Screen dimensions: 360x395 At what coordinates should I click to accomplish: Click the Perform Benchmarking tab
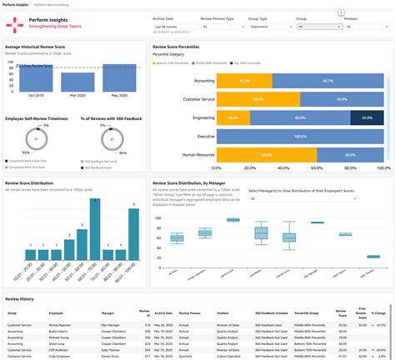(52, 4)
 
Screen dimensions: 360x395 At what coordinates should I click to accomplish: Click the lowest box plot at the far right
(373, 257)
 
